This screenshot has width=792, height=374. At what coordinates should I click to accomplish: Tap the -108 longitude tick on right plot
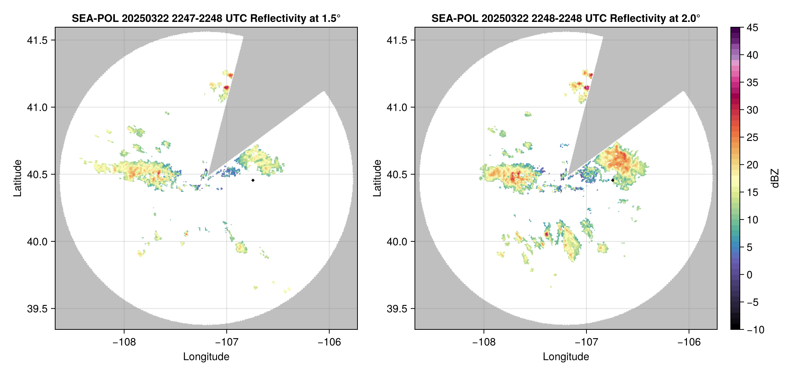coord(483,342)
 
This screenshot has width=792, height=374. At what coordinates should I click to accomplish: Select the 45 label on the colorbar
coord(752,28)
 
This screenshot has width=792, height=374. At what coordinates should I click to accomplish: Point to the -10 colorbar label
coord(755,330)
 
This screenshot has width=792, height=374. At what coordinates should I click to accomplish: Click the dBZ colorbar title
coord(775,178)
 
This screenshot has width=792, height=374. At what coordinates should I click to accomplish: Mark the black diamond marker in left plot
coord(253,180)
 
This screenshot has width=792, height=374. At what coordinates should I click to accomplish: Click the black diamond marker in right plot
coord(613,180)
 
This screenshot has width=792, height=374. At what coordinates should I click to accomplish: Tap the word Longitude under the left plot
coord(206,357)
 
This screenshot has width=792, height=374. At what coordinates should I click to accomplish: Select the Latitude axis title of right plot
coord(377,178)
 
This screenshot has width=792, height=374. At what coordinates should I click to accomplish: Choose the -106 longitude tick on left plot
coord(329,342)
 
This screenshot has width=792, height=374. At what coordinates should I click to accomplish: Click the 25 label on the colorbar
coord(752,138)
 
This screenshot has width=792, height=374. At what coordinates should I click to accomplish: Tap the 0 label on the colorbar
coord(750,275)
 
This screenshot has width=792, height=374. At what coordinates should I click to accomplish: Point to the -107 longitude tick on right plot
coord(586,342)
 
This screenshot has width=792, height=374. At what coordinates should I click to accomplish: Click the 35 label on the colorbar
coord(752,83)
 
